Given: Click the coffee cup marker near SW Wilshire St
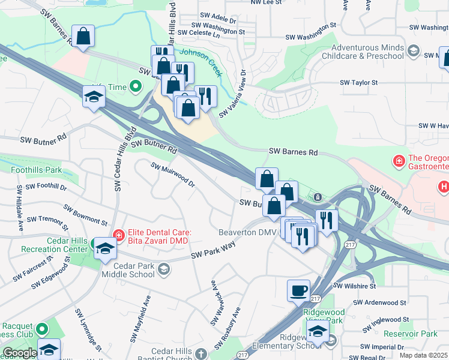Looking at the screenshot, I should point(298,292).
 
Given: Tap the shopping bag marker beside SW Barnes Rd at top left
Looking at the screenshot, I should point(83,37).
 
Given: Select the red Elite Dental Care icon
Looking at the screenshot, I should point(119,236).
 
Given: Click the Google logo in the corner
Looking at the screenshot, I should point(19,353).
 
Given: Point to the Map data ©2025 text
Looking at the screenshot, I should point(423,355).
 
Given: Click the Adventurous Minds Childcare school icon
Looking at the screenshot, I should point(413,52).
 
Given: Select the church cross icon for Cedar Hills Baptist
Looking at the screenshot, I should point(202,355).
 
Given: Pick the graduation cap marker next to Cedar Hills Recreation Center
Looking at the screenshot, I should point(105,249).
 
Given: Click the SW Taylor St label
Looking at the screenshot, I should point(358,82).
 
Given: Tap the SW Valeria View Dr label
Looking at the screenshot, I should point(234,94).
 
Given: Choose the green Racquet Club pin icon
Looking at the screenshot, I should point(41,329).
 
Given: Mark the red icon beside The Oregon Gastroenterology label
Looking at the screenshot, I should point(397,161).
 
